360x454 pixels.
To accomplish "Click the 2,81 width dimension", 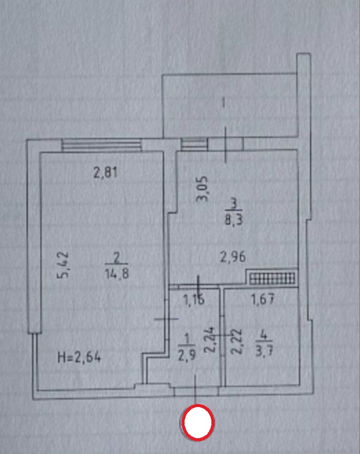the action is click(105, 173).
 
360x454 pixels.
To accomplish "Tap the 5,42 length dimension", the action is click(63, 264).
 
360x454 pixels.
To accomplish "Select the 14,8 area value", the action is click(117, 274).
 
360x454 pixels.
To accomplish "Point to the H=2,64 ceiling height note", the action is click(79, 357).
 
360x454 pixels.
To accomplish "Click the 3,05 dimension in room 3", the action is click(202, 188).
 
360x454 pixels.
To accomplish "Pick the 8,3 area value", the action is click(233, 220).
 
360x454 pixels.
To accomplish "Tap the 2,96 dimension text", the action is click(233, 257).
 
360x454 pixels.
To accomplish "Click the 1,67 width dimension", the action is click(263, 299).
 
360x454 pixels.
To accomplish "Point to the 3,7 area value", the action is click(264, 352).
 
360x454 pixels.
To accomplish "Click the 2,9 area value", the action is click(186, 355).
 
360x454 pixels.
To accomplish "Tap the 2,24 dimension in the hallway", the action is click(210, 339).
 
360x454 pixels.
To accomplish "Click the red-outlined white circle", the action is click(198, 422).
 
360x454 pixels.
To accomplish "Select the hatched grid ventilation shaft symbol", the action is click(272, 278).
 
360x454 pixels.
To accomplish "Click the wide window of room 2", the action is click(102, 145).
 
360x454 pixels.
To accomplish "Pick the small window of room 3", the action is click(194, 144).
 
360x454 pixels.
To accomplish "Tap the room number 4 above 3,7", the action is click(263, 335).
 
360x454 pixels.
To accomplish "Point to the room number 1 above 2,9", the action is click(187, 339).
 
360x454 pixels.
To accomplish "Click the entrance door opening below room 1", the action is click(197, 391).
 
